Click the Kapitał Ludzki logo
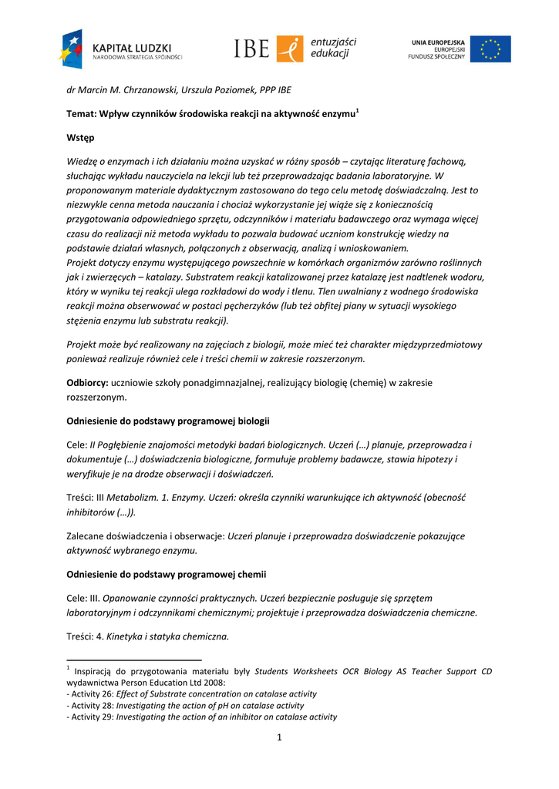click(120, 50)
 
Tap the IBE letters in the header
click(252, 49)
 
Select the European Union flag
click(490, 49)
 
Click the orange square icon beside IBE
click(290, 49)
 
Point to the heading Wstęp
click(80, 138)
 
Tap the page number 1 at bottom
click(279, 738)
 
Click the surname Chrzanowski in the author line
click(146, 90)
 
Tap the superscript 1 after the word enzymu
click(357, 111)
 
